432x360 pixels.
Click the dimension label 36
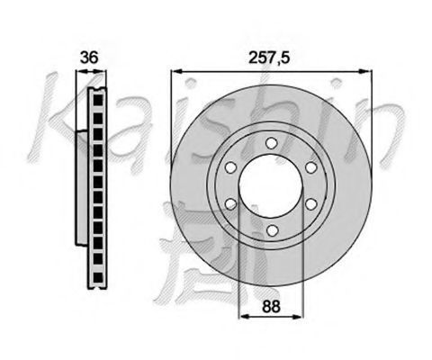pos(89,58)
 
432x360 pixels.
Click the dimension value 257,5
pos(269,58)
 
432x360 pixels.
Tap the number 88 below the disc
pos(271,306)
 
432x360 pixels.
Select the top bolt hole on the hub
pos(271,143)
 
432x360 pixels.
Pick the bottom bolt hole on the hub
pos(272,230)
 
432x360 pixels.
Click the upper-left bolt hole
pos(230,167)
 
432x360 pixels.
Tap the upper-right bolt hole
pos(311,167)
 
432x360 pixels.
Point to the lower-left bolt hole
pos(230,204)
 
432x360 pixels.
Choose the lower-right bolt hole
pos(311,204)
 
